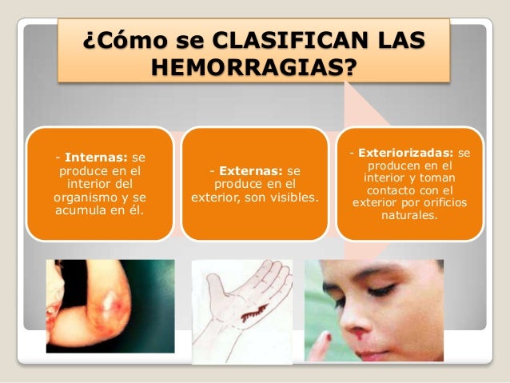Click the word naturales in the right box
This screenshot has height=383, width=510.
coord(410,215)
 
